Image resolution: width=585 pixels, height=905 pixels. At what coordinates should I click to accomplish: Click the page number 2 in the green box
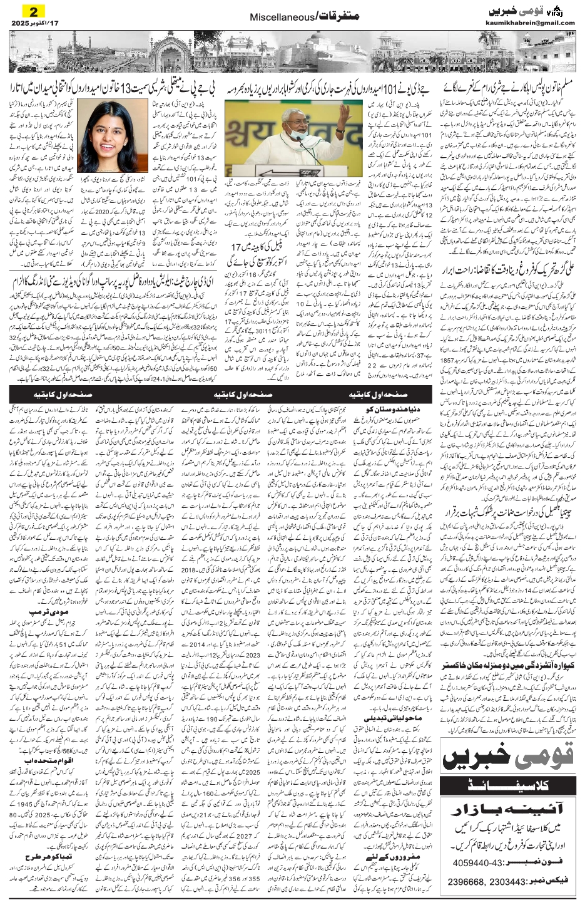click(x=33, y=11)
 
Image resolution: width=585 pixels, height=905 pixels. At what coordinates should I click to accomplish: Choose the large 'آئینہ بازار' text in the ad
click(x=508, y=806)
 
